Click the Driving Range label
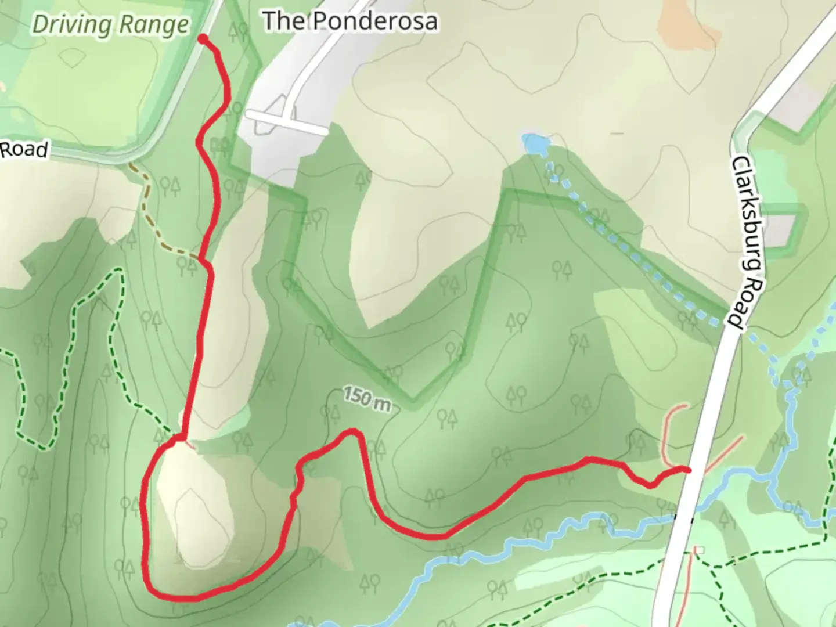pos(110,24)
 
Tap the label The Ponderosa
pos(350,21)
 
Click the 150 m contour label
pos(366,399)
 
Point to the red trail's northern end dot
pos(203,39)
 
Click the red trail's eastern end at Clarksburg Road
pos(688,469)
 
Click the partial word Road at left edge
pos(23,150)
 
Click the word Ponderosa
pos(375,21)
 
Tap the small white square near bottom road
pos(700,550)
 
